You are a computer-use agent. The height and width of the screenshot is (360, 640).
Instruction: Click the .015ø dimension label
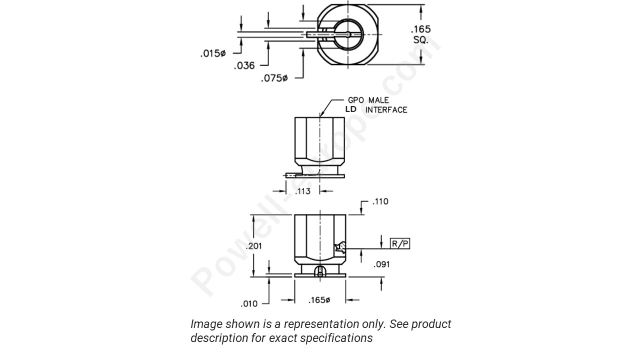coord(213,53)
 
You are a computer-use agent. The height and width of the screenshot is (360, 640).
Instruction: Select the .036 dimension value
coord(244,65)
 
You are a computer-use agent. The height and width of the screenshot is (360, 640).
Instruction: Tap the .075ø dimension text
coord(274,78)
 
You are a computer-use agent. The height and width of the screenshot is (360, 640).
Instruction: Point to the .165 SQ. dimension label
coord(420,34)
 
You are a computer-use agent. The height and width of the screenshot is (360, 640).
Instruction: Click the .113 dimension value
coord(302,191)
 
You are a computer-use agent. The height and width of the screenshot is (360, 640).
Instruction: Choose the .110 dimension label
coord(380,201)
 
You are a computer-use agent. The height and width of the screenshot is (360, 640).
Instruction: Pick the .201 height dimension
coord(254,246)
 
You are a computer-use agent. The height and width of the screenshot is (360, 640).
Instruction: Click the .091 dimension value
coord(381,264)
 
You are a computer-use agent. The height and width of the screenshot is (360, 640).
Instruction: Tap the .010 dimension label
coord(249,303)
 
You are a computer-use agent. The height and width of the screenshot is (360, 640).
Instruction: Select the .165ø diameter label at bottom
coord(319,300)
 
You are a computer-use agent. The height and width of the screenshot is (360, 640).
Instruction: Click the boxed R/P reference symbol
coord(400,244)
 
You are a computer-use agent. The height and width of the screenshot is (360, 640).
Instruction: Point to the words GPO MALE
coord(368,100)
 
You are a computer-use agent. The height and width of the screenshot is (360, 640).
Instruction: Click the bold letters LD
coord(350,109)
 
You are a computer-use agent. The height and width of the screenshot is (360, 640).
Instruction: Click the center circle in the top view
coord(347,34)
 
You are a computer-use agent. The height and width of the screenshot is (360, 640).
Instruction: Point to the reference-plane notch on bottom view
coord(340,247)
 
